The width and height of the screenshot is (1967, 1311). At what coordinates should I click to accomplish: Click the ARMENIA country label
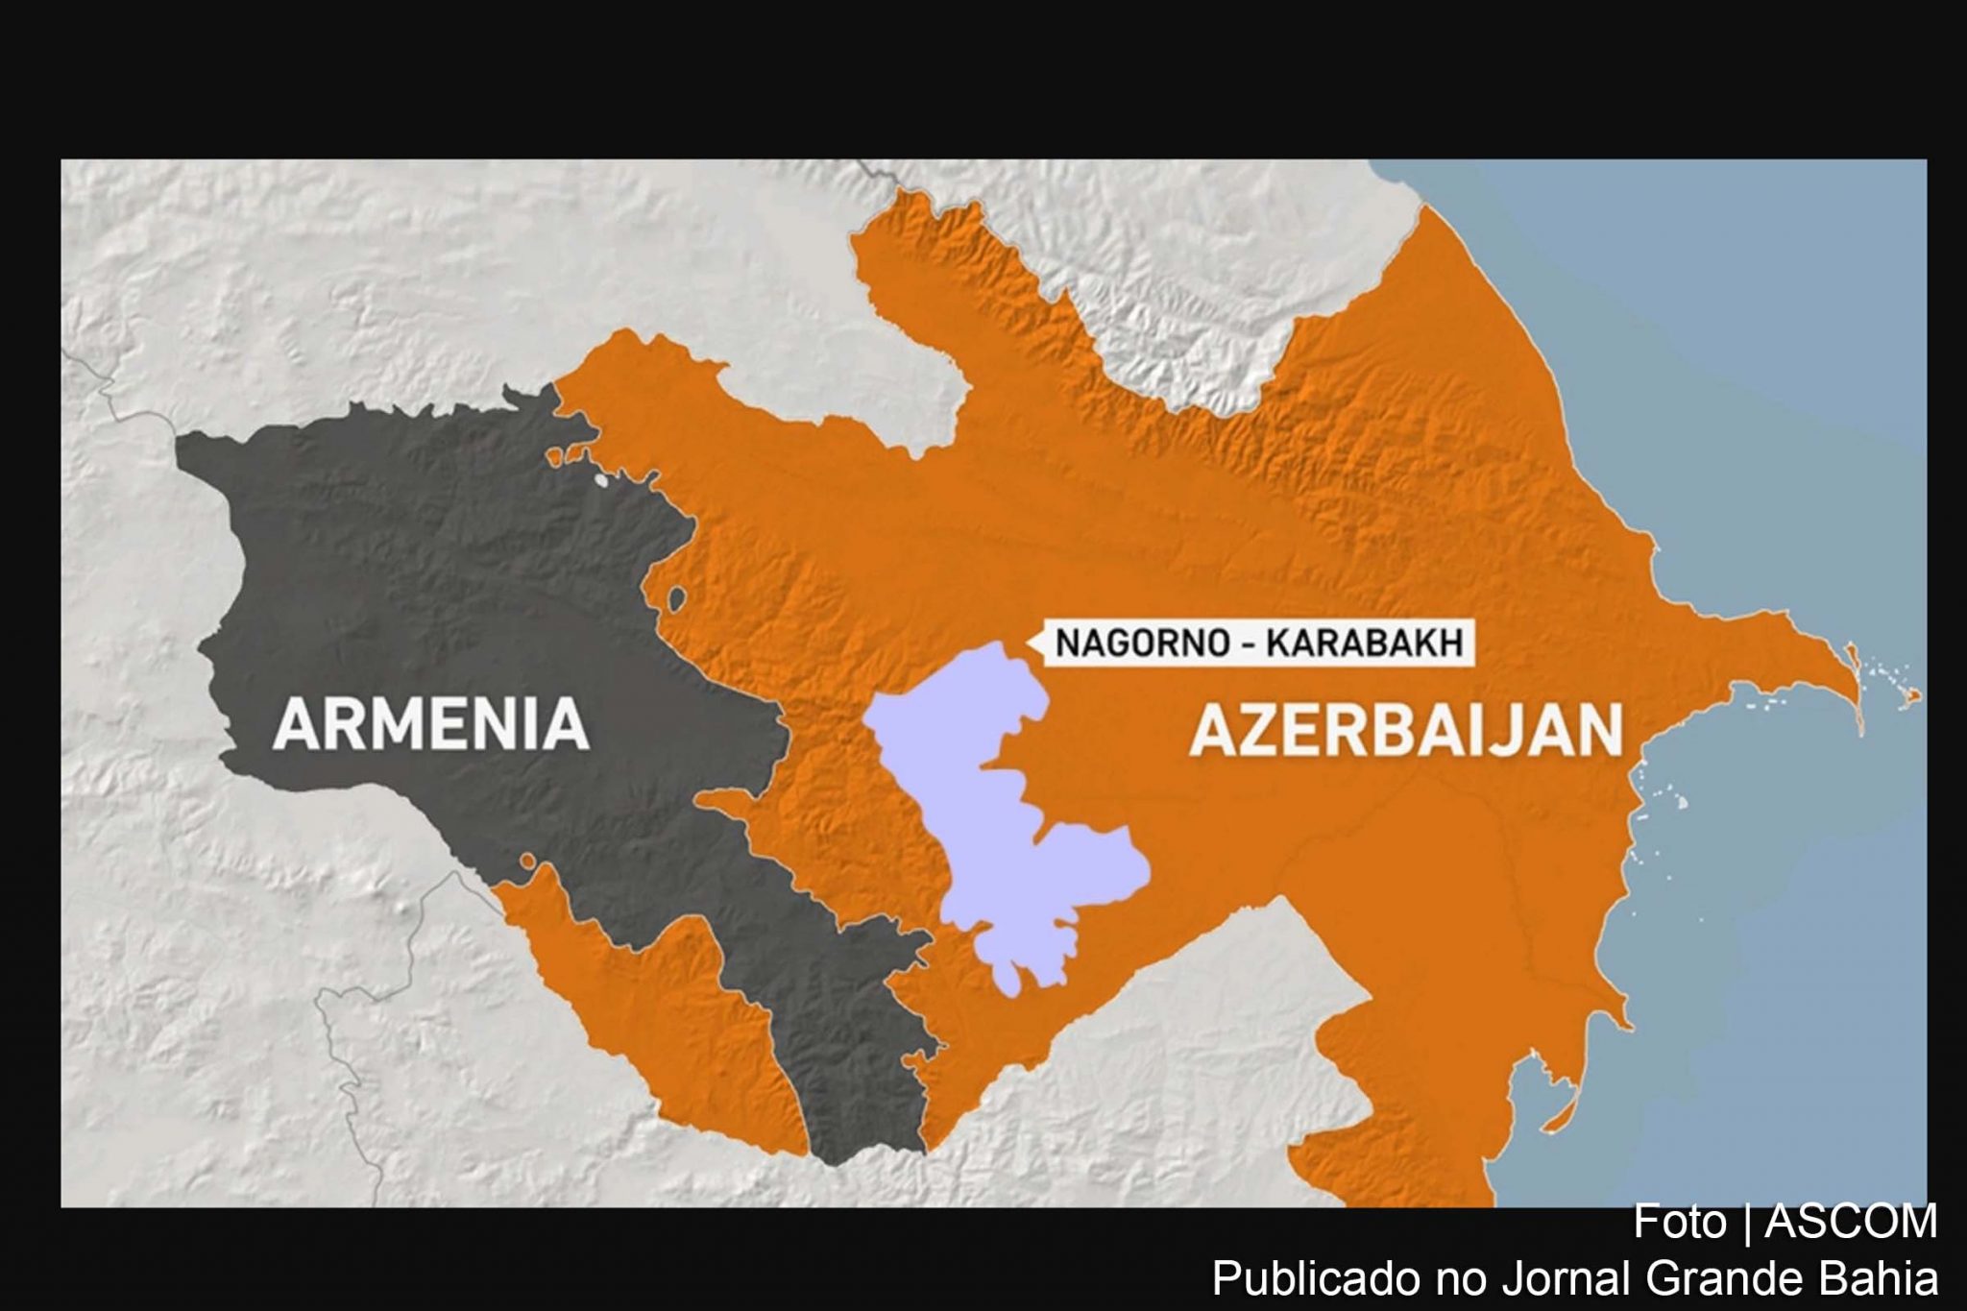[x=431, y=725]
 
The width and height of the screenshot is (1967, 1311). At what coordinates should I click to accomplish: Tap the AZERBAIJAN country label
[x=1406, y=731]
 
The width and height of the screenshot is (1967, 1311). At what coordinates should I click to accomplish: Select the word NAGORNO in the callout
[x=1142, y=643]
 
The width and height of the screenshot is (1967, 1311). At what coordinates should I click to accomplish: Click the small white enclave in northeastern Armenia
[x=602, y=479]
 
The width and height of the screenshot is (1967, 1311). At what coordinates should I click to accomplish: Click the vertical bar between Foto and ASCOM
[x=1747, y=1222]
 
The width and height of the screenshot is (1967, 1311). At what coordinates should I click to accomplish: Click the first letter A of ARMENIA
[x=293, y=725]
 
